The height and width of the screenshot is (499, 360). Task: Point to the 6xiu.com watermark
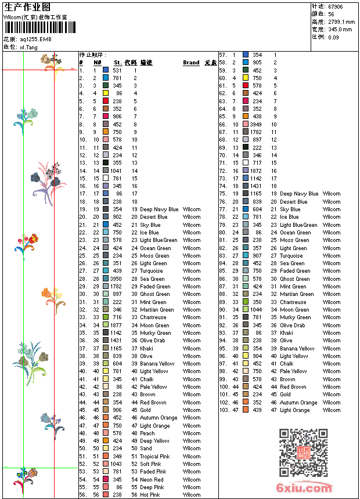(305, 489)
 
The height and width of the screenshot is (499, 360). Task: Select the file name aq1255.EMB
(35, 39)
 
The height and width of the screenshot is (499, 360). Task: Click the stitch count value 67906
(335, 6)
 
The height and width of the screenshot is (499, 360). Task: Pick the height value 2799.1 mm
(340, 21)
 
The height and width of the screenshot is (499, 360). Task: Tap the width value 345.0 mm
(340, 29)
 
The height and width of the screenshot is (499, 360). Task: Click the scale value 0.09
(333, 37)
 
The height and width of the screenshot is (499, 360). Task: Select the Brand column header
(191, 63)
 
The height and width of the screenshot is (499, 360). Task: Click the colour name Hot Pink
(150, 495)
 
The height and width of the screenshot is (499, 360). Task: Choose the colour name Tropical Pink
(154, 457)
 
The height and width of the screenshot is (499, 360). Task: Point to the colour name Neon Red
(152, 480)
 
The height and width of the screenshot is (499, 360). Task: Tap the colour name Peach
(147, 433)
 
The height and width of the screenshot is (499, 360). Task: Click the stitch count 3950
(116, 279)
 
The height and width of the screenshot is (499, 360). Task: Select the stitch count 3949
(255, 124)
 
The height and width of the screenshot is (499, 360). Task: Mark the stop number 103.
(224, 410)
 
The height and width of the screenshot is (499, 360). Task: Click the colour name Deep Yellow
(154, 441)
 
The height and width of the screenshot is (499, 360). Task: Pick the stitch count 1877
(116, 326)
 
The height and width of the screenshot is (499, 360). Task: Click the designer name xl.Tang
(29, 47)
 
